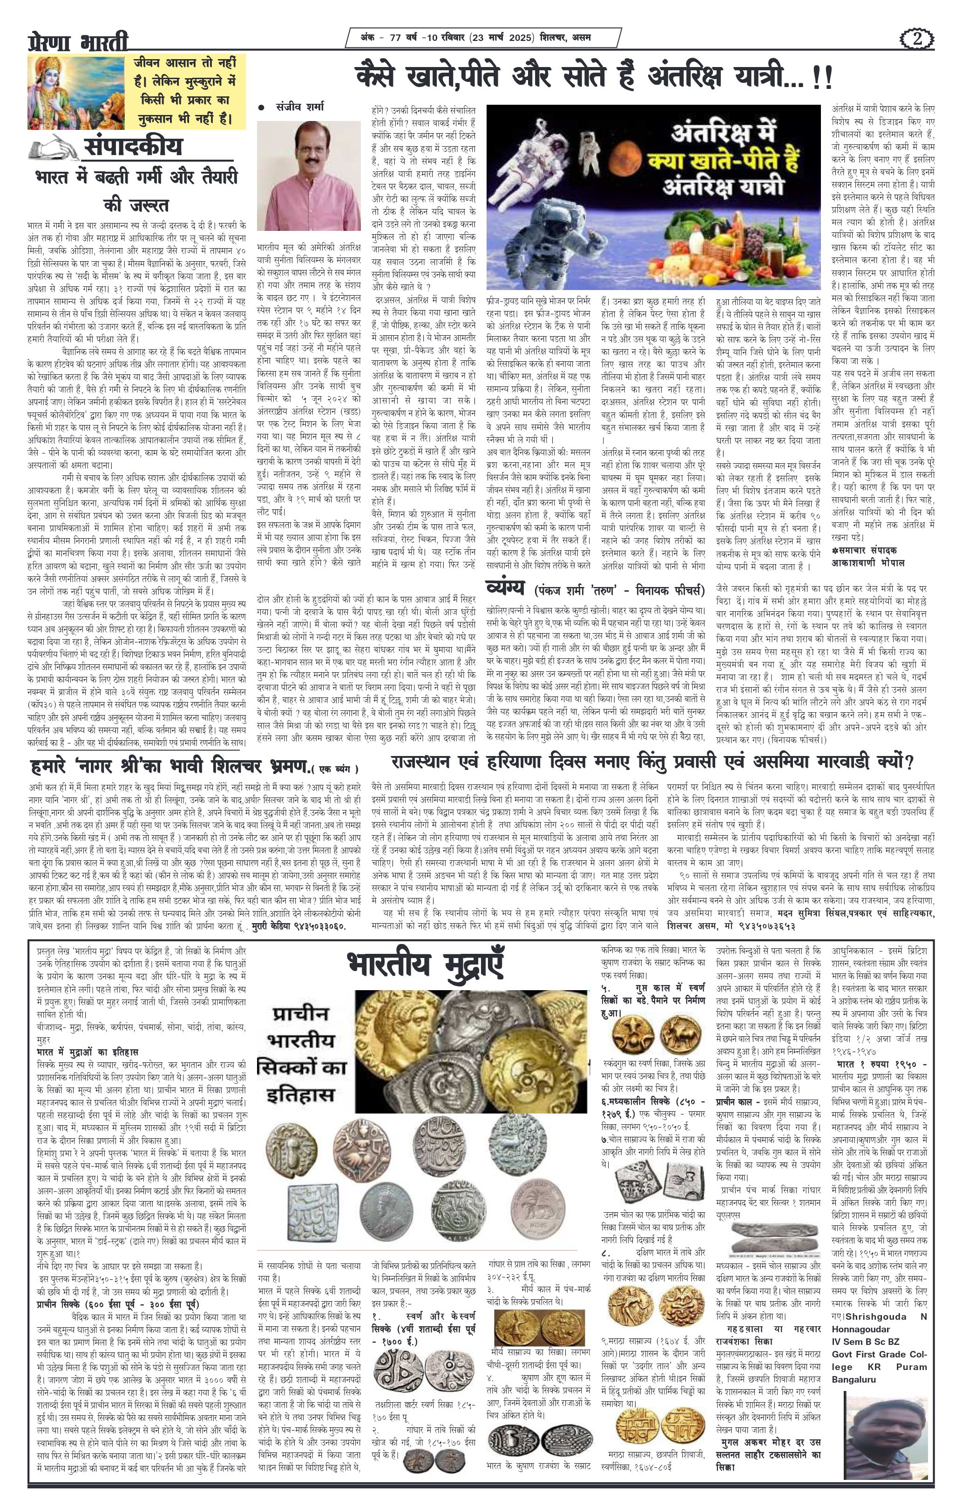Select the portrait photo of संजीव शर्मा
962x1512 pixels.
(309, 176)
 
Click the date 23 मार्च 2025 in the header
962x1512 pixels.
(502, 38)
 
